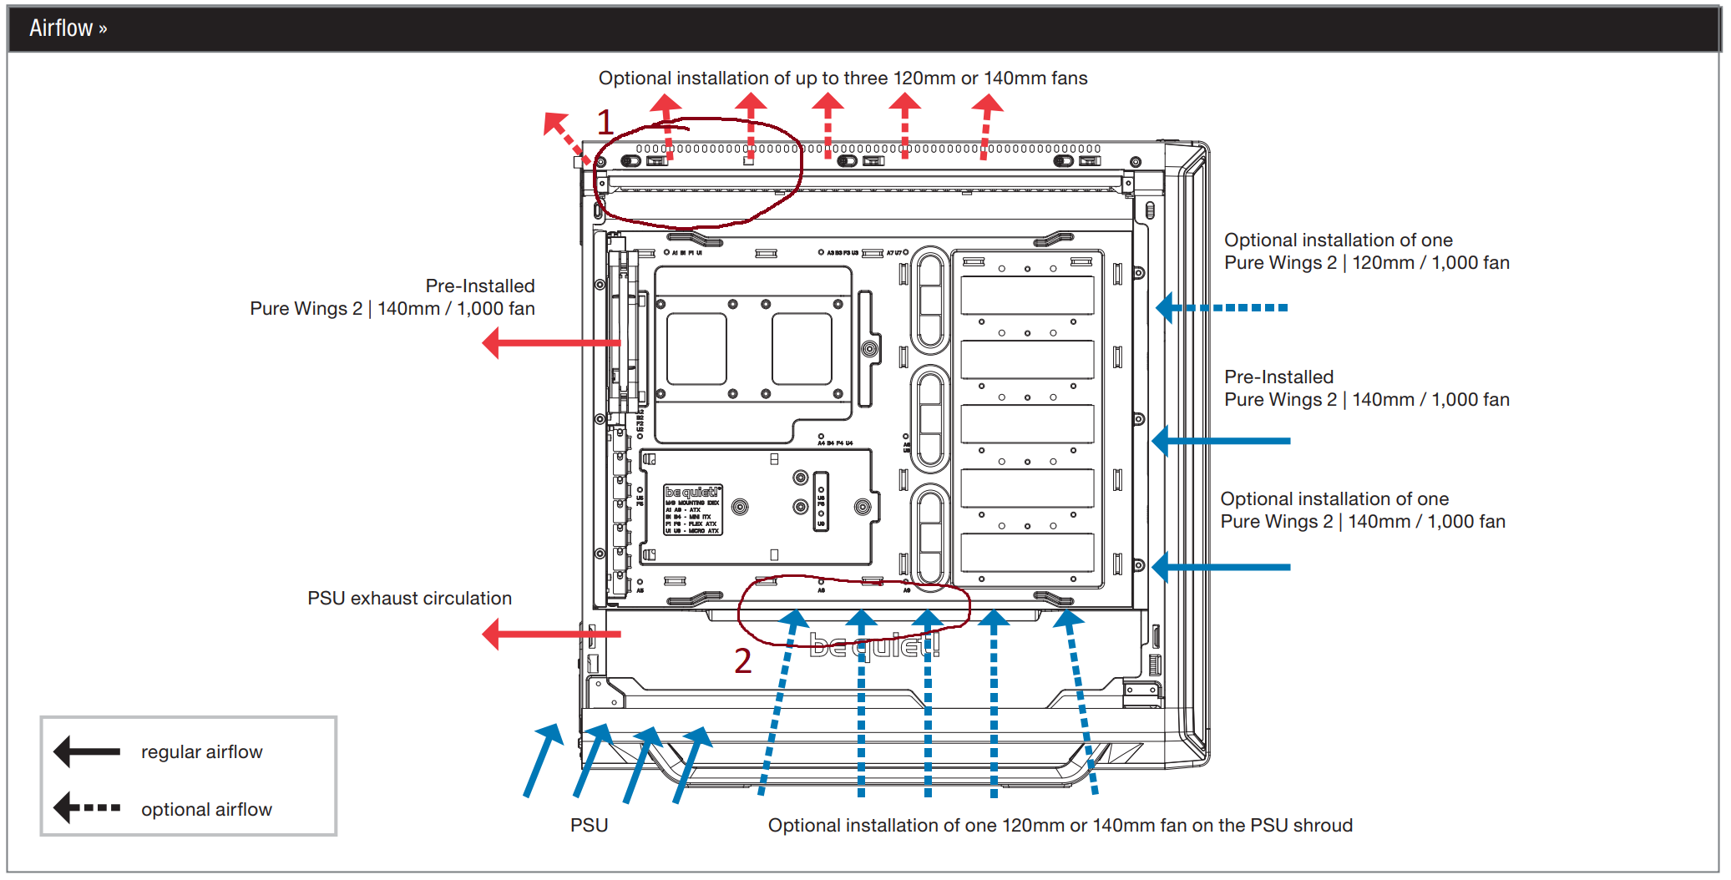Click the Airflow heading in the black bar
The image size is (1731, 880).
click(x=68, y=28)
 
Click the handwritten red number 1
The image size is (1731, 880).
click(x=605, y=123)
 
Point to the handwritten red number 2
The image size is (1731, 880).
click(x=742, y=660)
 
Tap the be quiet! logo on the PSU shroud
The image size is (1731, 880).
click(x=874, y=645)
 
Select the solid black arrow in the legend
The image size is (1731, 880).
click(x=87, y=751)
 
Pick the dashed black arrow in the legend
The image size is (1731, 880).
click(x=87, y=808)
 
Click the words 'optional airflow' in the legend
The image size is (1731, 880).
click(x=206, y=809)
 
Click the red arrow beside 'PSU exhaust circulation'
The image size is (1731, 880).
click(x=550, y=635)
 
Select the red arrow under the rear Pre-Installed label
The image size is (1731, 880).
click(x=550, y=343)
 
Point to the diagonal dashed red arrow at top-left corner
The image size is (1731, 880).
click(x=566, y=136)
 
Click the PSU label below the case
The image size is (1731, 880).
click(x=589, y=825)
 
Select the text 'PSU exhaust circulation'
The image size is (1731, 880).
click(x=409, y=599)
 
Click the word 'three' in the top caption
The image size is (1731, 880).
click(x=866, y=78)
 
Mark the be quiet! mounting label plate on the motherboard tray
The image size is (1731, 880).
click(x=693, y=509)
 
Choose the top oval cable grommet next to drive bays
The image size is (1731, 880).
click(x=929, y=300)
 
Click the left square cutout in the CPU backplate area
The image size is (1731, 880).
click(x=696, y=348)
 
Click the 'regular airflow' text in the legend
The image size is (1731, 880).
click(x=201, y=752)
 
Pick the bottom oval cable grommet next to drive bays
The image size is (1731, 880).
click(x=929, y=535)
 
